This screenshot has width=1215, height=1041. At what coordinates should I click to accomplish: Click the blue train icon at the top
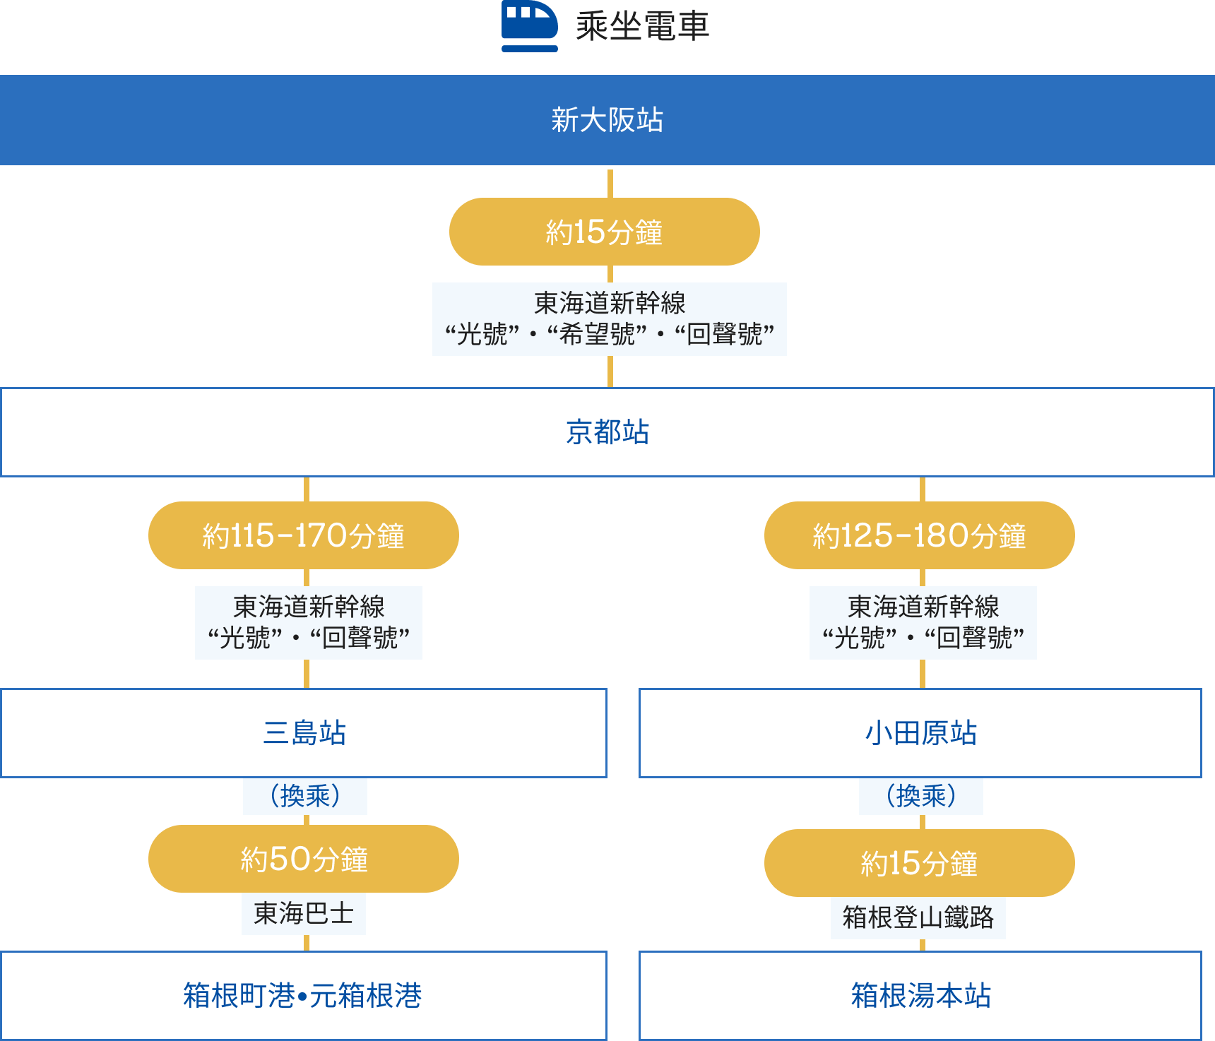[529, 26]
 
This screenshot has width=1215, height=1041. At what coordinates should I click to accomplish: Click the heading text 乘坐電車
[642, 27]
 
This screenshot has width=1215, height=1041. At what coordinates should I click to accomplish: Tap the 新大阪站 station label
[607, 120]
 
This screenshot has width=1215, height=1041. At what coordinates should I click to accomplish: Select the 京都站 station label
[607, 432]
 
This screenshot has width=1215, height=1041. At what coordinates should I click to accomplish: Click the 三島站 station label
[304, 733]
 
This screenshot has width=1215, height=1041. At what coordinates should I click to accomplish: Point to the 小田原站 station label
[920, 733]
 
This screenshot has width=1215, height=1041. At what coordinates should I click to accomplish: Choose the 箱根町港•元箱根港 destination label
[303, 996]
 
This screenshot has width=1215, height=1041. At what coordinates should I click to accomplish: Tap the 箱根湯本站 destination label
[920, 996]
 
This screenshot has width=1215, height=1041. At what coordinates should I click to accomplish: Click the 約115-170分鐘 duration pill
[304, 535]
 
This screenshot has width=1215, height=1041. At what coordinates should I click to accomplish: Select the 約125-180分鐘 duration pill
[919, 535]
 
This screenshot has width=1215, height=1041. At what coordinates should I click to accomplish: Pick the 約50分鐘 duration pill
[304, 859]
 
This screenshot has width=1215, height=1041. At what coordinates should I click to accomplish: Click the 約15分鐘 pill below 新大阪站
[604, 232]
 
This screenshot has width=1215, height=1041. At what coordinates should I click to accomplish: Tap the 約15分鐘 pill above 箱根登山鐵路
[919, 863]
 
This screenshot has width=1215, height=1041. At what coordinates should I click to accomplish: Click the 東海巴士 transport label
[304, 914]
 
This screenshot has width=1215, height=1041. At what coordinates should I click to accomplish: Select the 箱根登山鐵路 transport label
[918, 917]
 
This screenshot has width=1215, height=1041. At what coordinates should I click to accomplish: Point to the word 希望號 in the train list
[597, 334]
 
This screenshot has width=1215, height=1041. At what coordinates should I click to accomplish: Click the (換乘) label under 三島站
[305, 796]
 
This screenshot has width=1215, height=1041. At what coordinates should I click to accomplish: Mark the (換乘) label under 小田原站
[920, 796]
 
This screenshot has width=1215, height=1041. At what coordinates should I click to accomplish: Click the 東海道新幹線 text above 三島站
[309, 607]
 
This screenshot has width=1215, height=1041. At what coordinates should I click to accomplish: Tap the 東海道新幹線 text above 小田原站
[923, 607]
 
